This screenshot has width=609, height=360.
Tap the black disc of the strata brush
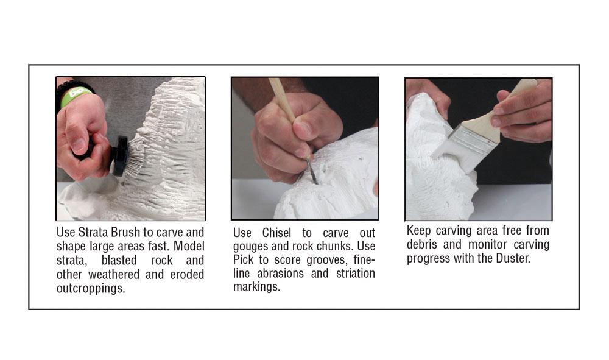click(120, 156)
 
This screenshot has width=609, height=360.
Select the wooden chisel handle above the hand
click(282, 99)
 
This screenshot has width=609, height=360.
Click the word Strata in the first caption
click(93, 232)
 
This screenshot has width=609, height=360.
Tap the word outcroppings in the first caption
click(91, 289)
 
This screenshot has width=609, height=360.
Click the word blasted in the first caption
click(119, 260)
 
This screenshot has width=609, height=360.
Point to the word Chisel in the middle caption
click(276, 233)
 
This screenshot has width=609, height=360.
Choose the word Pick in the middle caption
click(243, 260)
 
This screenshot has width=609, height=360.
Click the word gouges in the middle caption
click(250, 247)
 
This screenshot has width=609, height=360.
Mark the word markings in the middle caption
click(256, 287)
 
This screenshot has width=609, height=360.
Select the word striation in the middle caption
click(356, 274)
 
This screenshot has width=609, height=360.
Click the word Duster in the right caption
click(513, 259)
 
